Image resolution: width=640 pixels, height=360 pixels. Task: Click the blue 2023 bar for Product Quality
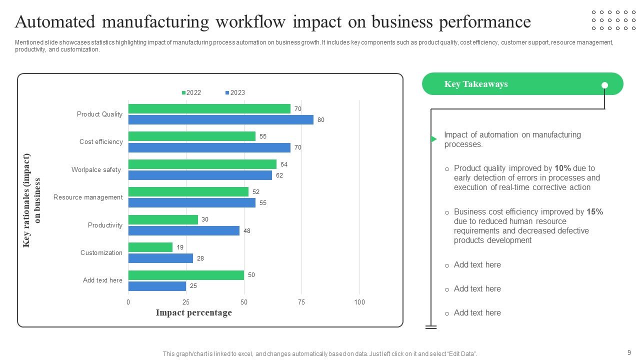(x=220, y=120)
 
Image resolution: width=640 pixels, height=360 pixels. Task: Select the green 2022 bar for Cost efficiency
(x=191, y=136)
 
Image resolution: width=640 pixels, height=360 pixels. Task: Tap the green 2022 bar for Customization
(x=150, y=247)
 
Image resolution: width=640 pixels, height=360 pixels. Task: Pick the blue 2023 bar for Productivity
(x=183, y=230)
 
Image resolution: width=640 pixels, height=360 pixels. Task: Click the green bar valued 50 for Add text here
(x=186, y=275)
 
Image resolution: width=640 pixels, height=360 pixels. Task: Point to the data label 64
(x=284, y=164)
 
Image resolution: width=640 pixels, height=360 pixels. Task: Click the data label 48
(x=247, y=231)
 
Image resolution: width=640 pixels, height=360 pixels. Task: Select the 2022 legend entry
(x=191, y=93)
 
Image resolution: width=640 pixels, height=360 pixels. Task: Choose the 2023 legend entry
(x=235, y=93)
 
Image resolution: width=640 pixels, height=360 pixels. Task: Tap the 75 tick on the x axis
(x=301, y=302)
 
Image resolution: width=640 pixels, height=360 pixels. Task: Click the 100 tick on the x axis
(x=359, y=302)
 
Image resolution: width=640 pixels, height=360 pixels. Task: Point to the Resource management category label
(x=88, y=197)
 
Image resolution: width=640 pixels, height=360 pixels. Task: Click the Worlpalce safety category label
(x=96, y=170)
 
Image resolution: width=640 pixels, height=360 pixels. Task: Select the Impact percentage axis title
(x=193, y=313)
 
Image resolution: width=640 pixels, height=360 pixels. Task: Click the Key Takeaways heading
(x=475, y=84)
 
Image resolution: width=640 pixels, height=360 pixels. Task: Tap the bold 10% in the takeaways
(x=562, y=168)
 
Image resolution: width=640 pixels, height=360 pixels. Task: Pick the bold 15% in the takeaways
(x=594, y=212)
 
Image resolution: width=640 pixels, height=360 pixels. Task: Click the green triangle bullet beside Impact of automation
(x=434, y=139)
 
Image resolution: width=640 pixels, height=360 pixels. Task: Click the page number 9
(x=629, y=352)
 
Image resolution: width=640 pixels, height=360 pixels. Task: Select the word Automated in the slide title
(x=55, y=22)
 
